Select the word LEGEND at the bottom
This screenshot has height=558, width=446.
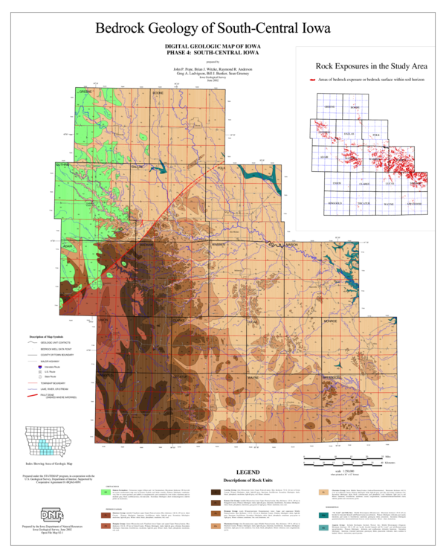pos(248,472)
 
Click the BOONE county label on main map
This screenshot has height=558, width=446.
pos(157,94)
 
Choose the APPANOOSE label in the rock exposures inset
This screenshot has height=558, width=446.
pos(414,203)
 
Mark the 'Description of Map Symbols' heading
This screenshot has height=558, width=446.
pos(49,337)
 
